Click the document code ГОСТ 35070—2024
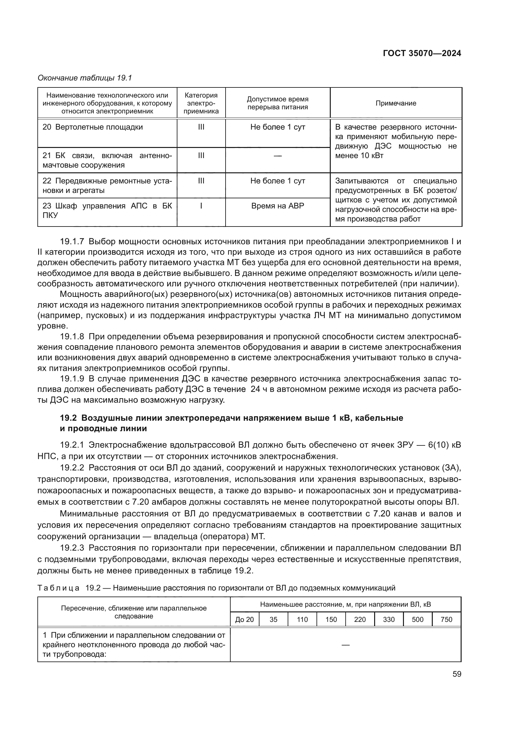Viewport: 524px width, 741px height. (422, 53)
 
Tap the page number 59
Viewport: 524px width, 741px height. (457, 674)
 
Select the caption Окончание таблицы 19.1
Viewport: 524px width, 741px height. (85, 78)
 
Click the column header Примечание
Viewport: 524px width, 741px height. (396, 103)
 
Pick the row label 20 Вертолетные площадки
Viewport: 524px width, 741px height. (93, 127)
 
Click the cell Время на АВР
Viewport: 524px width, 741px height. (278, 206)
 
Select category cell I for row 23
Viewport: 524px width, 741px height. (201, 206)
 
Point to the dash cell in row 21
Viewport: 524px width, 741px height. (278, 156)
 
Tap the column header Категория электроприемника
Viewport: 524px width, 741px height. (201, 103)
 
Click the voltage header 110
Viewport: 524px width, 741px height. (302, 619)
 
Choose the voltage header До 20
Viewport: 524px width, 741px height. (245, 619)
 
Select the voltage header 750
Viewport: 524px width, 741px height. (446, 619)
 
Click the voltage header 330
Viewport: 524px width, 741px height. (388, 619)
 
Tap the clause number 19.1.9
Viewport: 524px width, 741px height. (72, 379)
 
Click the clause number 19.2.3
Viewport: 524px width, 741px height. (72, 548)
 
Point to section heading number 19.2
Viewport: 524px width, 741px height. (68, 418)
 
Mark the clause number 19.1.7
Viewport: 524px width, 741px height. (72, 241)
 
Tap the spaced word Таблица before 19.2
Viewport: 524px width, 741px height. (58, 588)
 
